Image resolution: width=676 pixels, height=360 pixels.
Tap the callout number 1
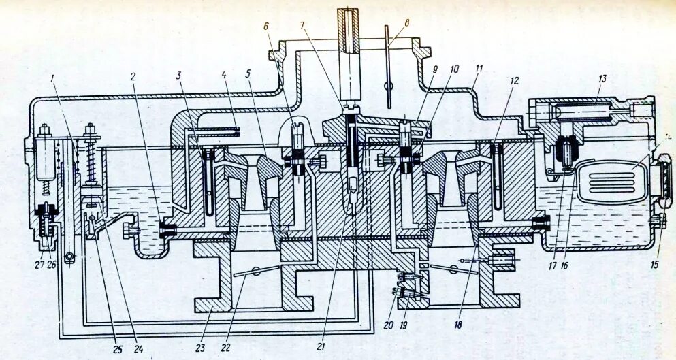point(52,78)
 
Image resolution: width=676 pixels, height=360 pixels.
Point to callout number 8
point(406,23)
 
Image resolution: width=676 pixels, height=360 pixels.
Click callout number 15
point(655,265)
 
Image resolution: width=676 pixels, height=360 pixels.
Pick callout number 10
point(455,69)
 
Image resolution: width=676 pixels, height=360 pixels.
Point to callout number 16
point(564,265)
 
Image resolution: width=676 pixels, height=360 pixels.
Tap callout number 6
point(267,25)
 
